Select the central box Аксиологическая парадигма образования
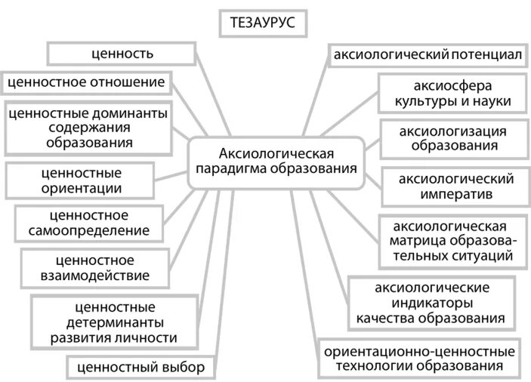[276, 161]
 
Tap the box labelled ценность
[122, 54]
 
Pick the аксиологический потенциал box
[424, 54]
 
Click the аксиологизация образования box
[452, 138]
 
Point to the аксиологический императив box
[456, 186]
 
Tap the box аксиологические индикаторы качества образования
[432, 302]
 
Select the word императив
[456, 195]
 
